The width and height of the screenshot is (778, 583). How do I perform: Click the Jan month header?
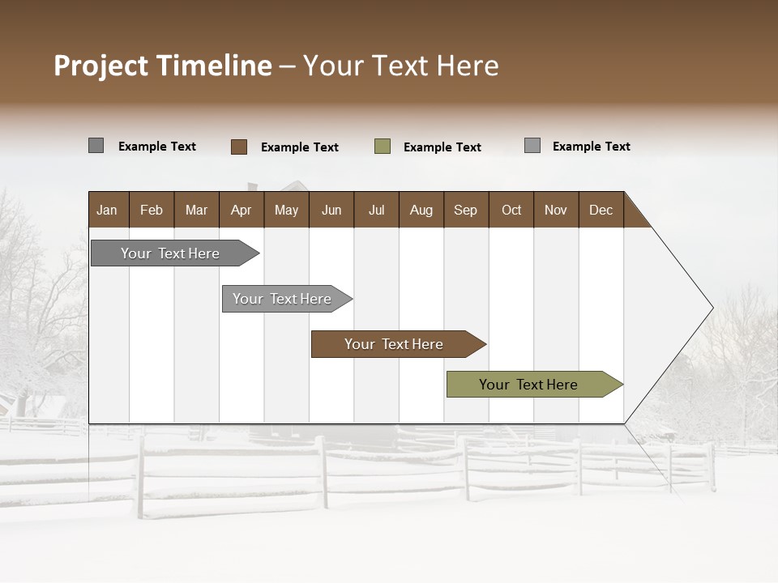click(x=107, y=210)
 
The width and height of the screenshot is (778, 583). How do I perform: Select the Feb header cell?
click(x=152, y=210)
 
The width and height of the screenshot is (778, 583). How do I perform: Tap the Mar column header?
click(x=196, y=210)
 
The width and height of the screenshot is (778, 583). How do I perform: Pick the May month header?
click(x=286, y=210)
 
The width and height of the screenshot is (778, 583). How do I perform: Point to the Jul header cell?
click(x=376, y=210)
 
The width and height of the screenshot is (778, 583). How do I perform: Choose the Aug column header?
click(x=421, y=210)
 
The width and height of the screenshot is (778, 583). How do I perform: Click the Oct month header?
click(x=511, y=210)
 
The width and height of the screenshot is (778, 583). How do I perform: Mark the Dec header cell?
click(x=601, y=210)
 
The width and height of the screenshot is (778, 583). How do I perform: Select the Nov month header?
click(x=556, y=210)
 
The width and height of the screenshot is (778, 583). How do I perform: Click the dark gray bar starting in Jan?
click(x=170, y=253)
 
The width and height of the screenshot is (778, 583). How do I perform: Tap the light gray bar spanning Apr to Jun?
click(x=282, y=299)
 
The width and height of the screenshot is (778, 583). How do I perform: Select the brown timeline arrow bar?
click(x=394, y=344)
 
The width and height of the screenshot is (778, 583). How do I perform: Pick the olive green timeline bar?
click(x=528, y=385)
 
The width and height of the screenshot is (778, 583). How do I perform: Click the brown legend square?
click(x=239, y=147)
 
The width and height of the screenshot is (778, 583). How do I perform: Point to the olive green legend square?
click(x=383, y=147)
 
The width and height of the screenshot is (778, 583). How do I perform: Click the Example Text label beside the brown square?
click(x=300, y=147)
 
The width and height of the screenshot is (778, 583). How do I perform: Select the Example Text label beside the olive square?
click(x=442, y=147)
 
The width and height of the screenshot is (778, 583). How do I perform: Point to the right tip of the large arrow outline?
click(x=712, y=308)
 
